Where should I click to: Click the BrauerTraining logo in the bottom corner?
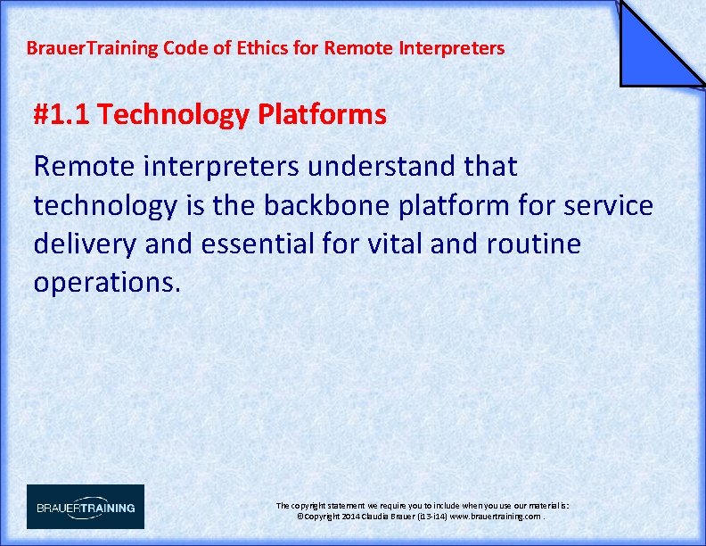pos(85,507)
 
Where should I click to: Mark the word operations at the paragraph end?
pos(107,283)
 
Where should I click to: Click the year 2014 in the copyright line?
pos(349,517)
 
